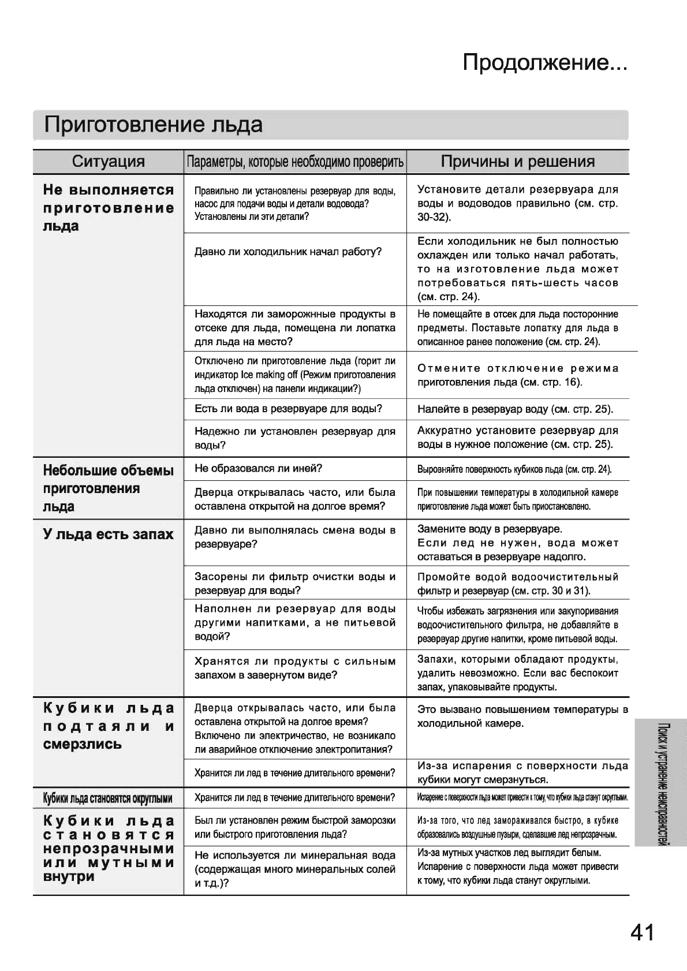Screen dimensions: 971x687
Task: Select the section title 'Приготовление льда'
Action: pyautogui.click(x=154, y=124)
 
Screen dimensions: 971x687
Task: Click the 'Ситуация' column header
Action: pyautogui.click(x=108, y=162)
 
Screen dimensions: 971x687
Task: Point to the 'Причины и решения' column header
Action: pyautogui.click(x=517, y=162)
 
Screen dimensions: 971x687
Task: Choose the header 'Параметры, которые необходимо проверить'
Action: pyautogui.click(x=295, y=162)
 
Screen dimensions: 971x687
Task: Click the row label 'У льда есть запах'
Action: pyautogui.click(x=108, y=534)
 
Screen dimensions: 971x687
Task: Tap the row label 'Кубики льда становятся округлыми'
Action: pyautogui.click(x=108, y=799)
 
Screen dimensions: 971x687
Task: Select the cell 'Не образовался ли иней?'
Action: pyautogui.click(x=258, y=468)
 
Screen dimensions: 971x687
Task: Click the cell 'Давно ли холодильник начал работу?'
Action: pyautogui.click(x=288, y=252)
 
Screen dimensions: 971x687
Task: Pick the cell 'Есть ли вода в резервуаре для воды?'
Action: pyautogui.click(x=288, y=409)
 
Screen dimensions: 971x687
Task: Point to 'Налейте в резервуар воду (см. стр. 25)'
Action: pyautogui.click(x=515, y=410)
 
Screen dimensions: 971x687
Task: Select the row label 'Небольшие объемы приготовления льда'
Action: pyautogui.click(x=108, y=488)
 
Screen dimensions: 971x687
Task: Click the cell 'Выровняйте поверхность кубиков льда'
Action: pyautogui.click(x=514, y=469)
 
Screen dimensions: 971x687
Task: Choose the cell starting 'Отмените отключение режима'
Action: pyautogui.click(x=517, y=375)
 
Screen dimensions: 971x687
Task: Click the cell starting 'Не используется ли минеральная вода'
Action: pyautogui.click(x=295, y=869)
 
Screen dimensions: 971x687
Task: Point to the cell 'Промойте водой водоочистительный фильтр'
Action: pyautogui.click(x=517, y=584)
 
